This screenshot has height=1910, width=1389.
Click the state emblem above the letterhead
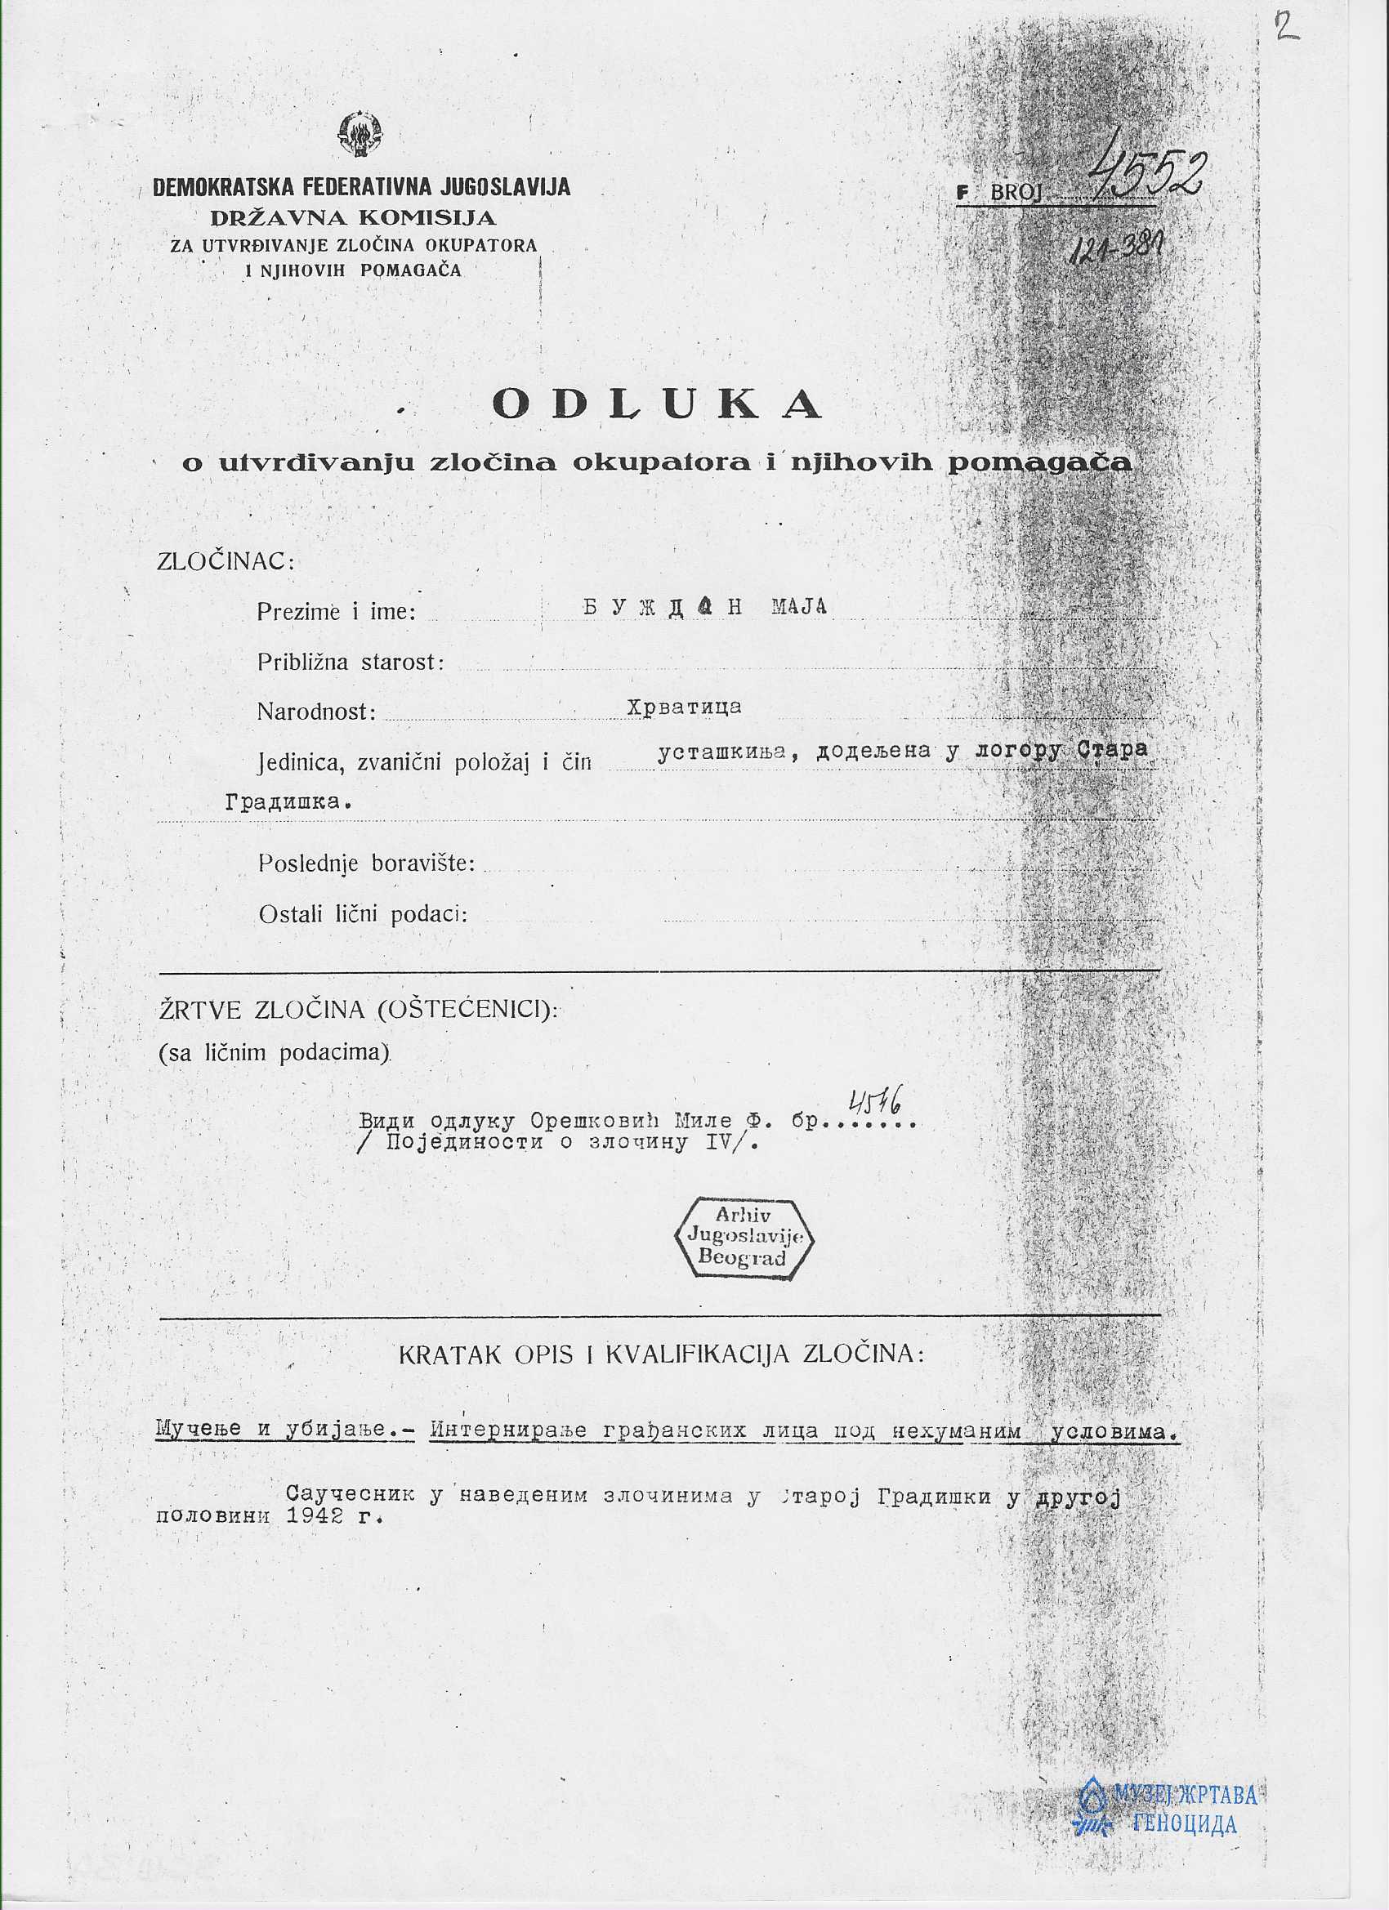tap(360, 136)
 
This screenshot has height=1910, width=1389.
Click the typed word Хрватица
tap(684, 707)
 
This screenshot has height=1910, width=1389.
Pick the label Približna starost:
tap(351, 662)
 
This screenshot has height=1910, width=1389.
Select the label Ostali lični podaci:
tap(363, 915)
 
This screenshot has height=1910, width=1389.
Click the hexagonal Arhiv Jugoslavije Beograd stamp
tap(744, 1237)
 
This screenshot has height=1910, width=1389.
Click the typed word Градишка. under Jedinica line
tap(288, 801)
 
